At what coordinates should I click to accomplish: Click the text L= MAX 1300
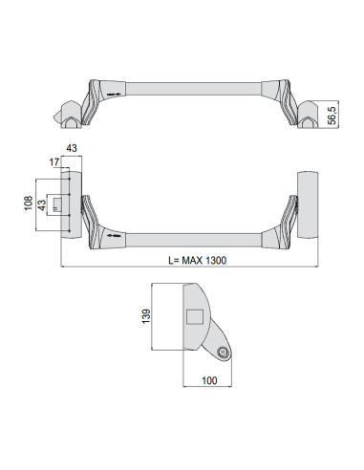183,259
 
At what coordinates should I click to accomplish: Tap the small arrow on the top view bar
115,95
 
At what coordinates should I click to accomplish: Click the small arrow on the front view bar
115,234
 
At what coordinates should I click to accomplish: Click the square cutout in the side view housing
195,317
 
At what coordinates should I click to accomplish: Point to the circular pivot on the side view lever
223,352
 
